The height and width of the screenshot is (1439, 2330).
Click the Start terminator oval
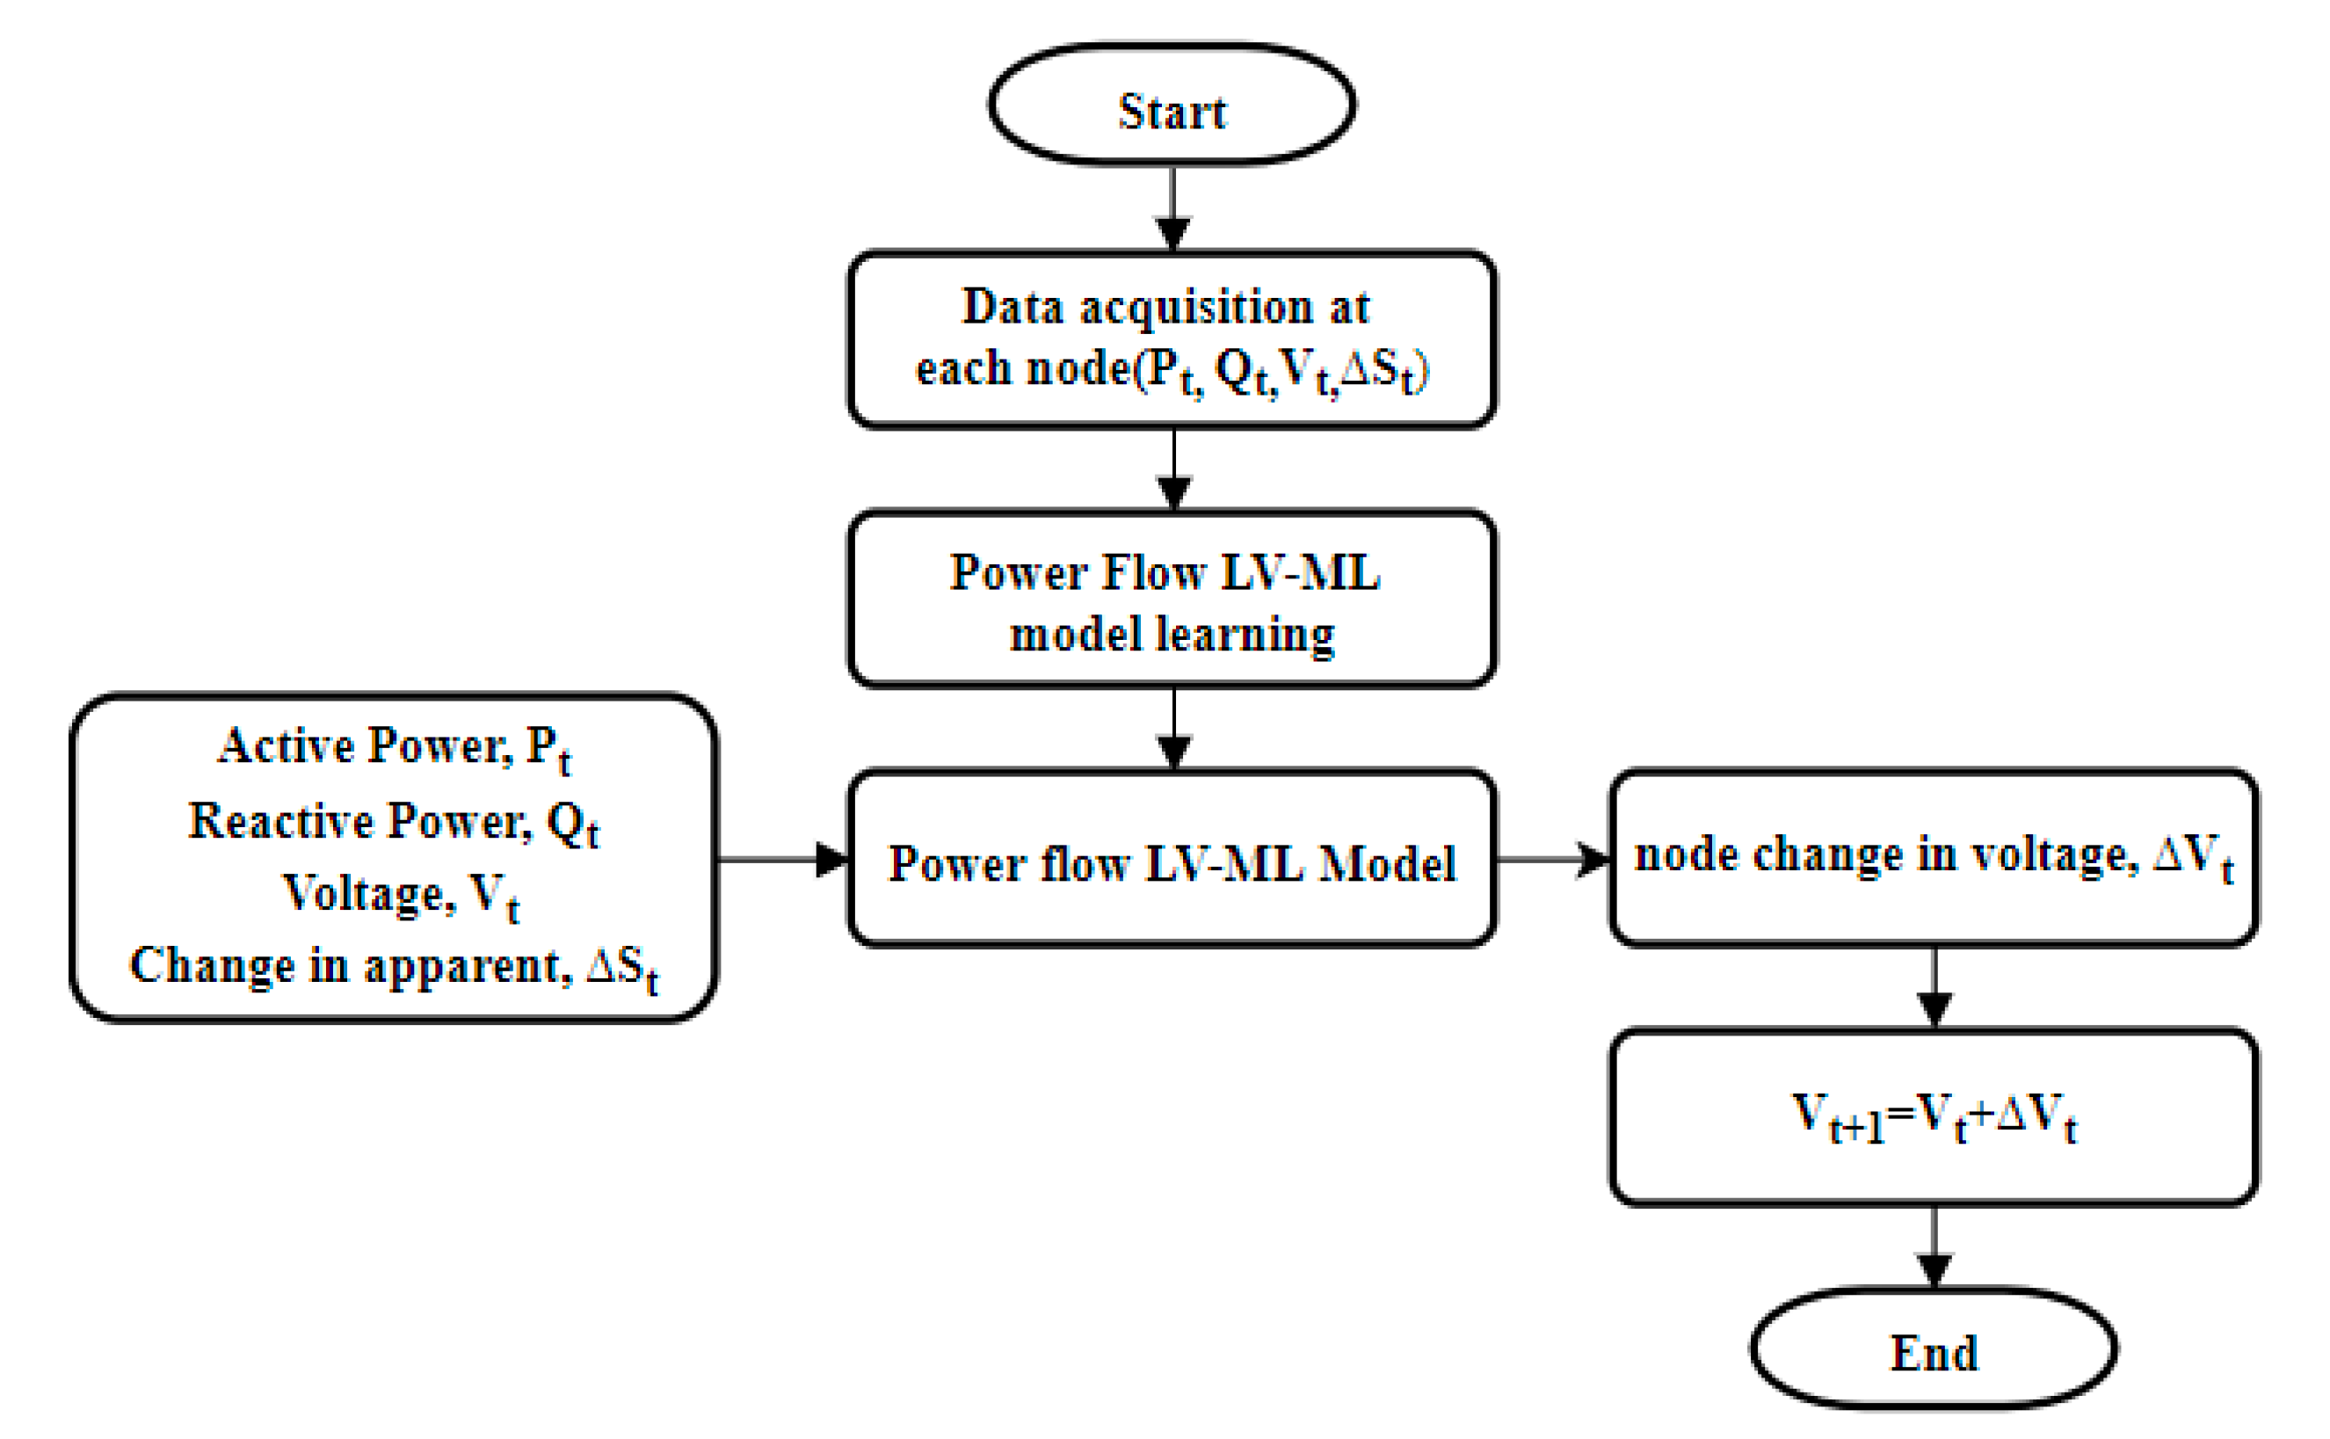coord(1172,105)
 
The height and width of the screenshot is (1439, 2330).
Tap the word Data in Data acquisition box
coord(1013,308)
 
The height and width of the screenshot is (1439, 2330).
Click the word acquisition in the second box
coord(1196,308)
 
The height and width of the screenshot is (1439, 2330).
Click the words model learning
coord(1172,634)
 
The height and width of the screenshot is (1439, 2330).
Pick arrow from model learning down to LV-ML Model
coord(1173,727)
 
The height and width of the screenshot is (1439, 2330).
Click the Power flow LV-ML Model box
coord(1172,862)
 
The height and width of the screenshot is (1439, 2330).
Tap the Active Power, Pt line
coord(393,747)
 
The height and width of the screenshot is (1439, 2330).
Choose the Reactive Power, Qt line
coord(393,821)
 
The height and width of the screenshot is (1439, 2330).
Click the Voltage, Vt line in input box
coord(401,895)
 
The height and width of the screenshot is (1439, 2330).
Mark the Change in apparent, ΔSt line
coord(393,967)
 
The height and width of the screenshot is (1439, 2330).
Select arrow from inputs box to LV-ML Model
coord(781,859)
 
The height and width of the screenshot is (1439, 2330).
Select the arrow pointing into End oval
coord(1934,1246)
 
